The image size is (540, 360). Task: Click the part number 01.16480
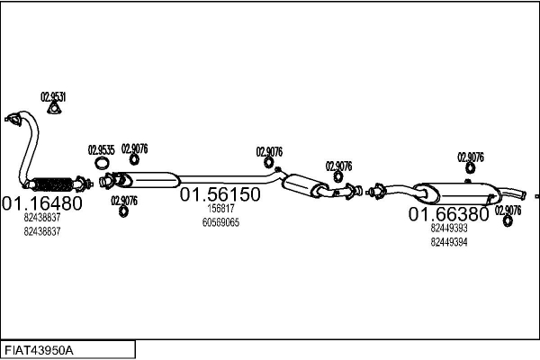click(42, 203)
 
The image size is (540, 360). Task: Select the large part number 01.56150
click(220, 194)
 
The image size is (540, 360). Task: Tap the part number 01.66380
click(448, 214)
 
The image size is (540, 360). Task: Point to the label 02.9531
click(53, 97)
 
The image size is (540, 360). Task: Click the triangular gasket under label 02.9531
click(54, 109)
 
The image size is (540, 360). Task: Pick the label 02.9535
click(101, 150)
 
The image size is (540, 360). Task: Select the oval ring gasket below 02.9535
click(101, 163)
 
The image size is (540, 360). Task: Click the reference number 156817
click(220, 209)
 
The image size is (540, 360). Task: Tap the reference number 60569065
click(220, 222)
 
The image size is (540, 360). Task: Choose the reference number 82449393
click(449, 228)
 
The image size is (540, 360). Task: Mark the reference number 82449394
click(449, 242)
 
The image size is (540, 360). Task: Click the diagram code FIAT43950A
click(39, 351)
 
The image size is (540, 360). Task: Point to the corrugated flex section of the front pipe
click(53, 184)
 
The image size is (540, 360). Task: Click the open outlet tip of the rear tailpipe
click(524, 195)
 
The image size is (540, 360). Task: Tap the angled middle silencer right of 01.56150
click(304, 185)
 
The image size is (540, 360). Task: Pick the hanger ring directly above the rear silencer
click(470, 168)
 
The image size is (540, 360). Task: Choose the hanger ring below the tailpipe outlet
click(508, 221)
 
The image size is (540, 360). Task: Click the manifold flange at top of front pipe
click(13, 119)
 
